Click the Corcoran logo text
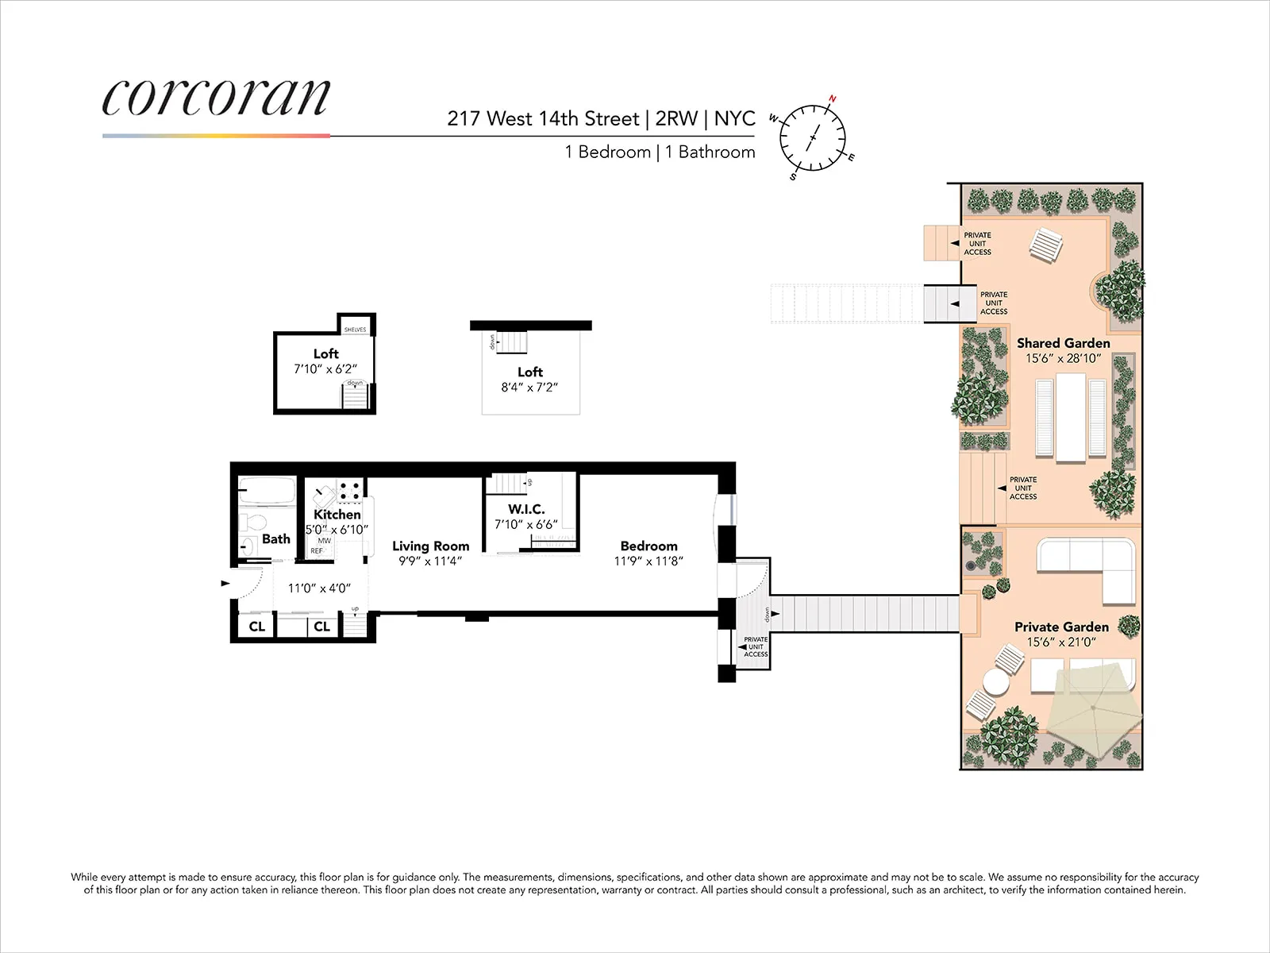tap(216, 98)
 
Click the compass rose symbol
tap(812, 138)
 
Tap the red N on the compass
tap(832, 100)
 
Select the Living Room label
tap(430, 546)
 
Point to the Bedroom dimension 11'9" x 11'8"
tap(648, 561)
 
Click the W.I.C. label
tap(526, 509)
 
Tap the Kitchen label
tap(337, 515)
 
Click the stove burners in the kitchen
tap(350, 491)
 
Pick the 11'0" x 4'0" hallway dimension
tap(319, 588)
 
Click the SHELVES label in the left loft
tap(355, 330)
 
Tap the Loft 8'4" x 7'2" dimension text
tap(529, 388)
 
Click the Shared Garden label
tap(1063, 343)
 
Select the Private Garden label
tap(1061, 627)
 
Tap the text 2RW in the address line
tap(676, 119)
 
